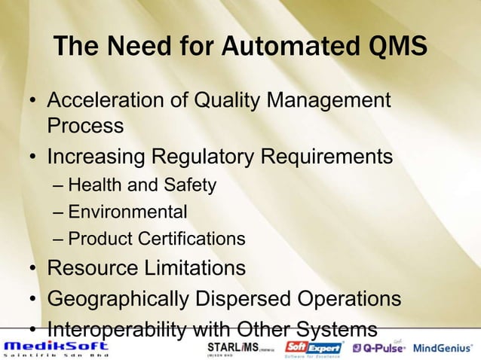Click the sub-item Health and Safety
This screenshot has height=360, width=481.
click(x=142, y=185)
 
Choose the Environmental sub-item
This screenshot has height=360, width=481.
click(x=127, y=212)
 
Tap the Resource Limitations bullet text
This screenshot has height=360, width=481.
click(x=146, y=267)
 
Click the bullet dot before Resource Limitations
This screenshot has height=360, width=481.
click(x=32, y=269)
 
